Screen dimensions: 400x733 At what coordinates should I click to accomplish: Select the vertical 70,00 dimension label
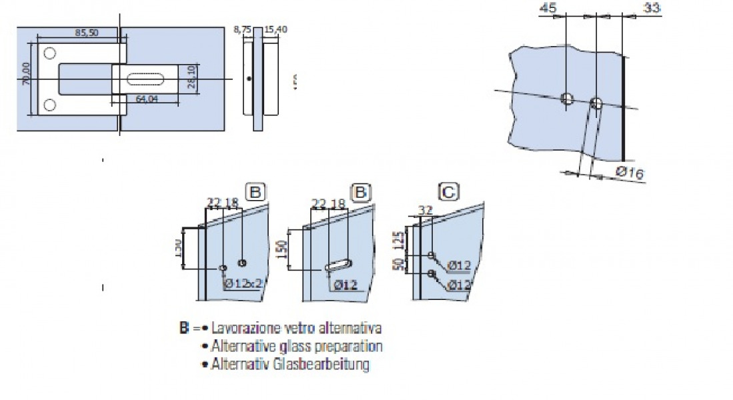(26, 74)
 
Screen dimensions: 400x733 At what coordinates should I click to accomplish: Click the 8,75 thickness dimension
(241, 30)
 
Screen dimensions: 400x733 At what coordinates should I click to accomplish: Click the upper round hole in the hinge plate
(49, 53)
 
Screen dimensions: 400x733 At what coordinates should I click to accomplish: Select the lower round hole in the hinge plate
(49, 105)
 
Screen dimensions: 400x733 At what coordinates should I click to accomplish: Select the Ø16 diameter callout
(629, 173)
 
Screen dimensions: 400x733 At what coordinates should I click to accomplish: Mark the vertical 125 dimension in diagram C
(402, 238)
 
